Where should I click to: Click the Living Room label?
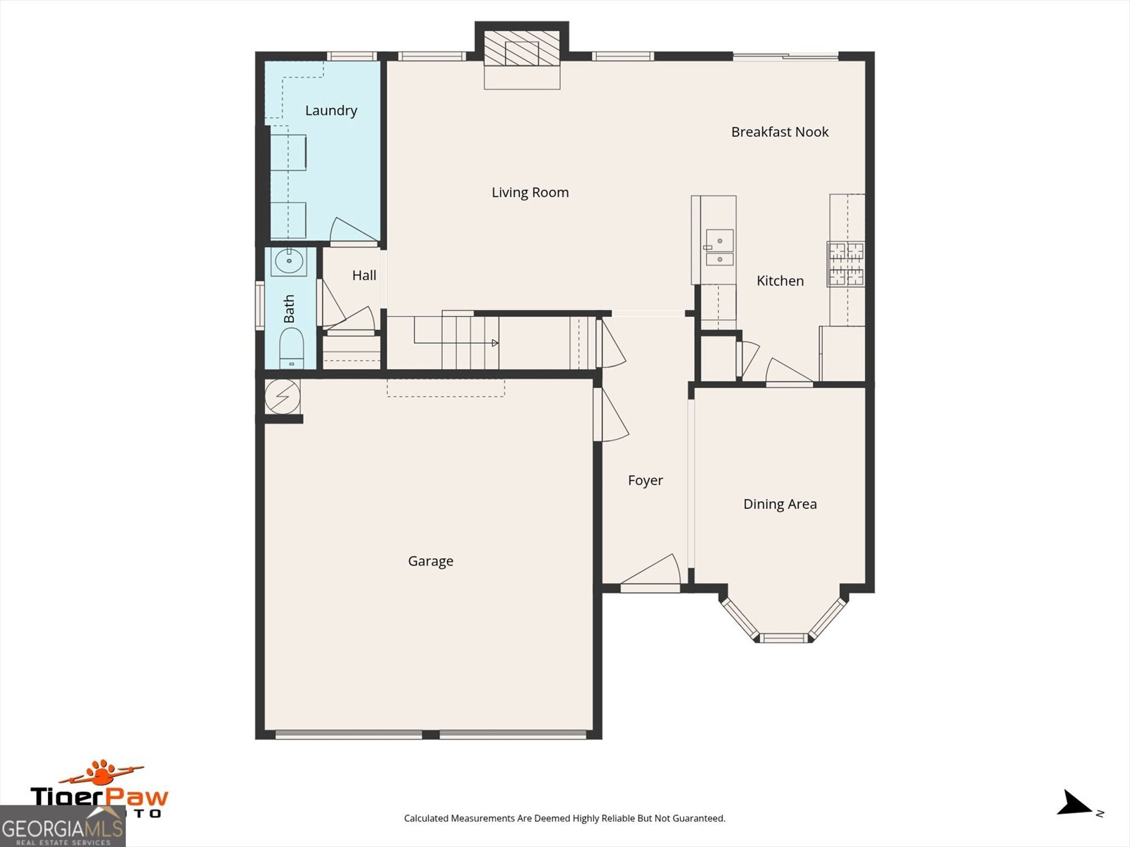(530, 193)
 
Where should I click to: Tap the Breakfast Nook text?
(780, 132)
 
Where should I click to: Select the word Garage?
(430, 561)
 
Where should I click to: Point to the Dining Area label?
(780, 504)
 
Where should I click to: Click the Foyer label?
(645, 481)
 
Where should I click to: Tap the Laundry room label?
(331, 111)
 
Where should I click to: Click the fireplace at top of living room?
(522, 53)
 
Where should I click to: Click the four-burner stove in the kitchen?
(846, 264)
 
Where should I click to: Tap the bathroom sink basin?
(289, 262)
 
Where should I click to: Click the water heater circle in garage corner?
(282, 397)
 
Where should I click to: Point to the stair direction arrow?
(494, 343)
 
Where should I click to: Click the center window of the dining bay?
(784, 638)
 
